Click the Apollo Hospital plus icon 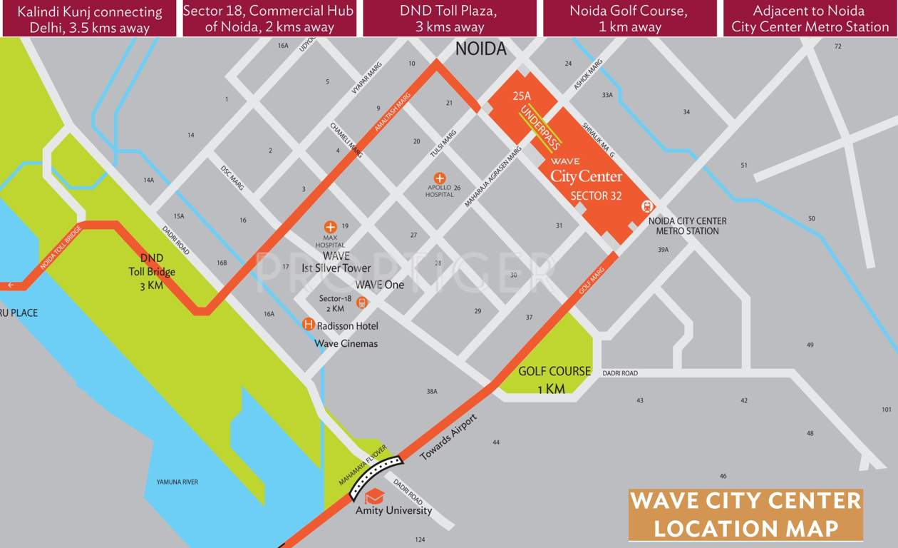440,178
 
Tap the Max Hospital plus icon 330,227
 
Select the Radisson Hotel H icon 309,325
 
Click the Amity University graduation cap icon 374,497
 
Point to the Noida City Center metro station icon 647,206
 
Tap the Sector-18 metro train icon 362,303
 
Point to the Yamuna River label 177,482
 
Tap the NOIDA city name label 481,49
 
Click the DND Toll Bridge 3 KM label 151,272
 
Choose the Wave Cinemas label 346,344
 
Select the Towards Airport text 448,437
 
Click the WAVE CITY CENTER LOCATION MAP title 745,514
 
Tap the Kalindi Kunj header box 90,19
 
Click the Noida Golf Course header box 629,19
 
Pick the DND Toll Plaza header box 450,19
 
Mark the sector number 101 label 887,410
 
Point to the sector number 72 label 838,46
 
